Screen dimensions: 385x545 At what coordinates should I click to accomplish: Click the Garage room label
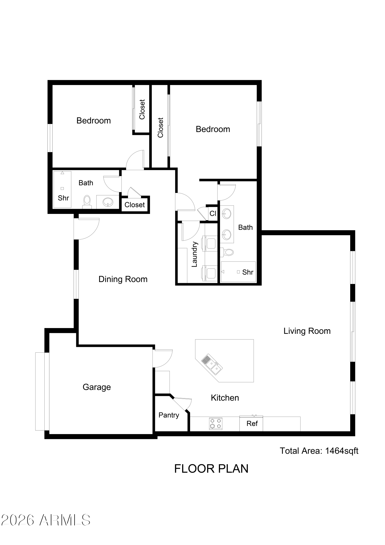(x=97, y=387)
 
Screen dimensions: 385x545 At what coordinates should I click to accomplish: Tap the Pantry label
(x=169, y=415)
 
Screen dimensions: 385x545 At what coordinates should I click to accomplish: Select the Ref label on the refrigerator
(x=252, y=423)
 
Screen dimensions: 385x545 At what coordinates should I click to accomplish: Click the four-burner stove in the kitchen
(x=216, y=424)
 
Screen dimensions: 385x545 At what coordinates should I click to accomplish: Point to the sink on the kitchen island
(x=212, y=365)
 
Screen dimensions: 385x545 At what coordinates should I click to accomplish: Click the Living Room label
(x=307, y=331)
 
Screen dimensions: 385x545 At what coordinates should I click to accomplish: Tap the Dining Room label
(x=123, y=279)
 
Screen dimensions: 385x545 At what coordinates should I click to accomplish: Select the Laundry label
(x=194, y=254)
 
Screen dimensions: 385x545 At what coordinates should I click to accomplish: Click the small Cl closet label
(x=213, y=213)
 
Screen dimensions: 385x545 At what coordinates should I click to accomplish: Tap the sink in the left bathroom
(x=108, y=202)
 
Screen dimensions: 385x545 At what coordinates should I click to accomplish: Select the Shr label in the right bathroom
(x=248, y=272)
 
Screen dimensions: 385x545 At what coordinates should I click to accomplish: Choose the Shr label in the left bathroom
(x=63, y=198)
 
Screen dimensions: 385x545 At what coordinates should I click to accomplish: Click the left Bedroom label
(x=94, y=121)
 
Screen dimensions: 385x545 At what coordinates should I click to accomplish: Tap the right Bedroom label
(x=213, y=129)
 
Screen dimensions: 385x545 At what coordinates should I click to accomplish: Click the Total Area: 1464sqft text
(x=319, y=451)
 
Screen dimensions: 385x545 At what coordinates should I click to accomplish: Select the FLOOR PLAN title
(x=211, y=469)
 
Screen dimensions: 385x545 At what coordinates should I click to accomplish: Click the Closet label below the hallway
(x=135, y=205)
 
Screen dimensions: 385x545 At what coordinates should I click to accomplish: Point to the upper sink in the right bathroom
(x=227, y=213)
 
